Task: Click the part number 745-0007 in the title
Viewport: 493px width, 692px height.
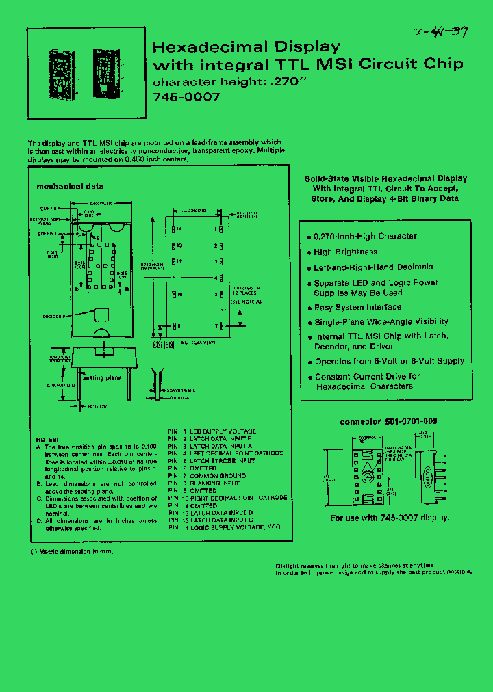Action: (x=186, y=97)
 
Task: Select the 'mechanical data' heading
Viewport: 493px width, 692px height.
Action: (x=70, y=186)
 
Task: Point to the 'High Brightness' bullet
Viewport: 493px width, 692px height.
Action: (x=345, y=252)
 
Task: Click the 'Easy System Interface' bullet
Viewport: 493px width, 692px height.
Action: (x=357, y=308)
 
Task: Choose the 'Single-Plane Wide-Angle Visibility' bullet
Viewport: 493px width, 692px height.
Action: (x=381, y=322)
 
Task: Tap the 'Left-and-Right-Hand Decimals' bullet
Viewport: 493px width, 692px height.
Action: (x=373, y=267)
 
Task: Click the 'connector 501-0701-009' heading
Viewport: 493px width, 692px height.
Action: (x=388, y=422)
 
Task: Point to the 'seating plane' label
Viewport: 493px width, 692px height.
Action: (x=103, y=377)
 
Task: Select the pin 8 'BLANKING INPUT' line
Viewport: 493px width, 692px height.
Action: (x=214, y=483)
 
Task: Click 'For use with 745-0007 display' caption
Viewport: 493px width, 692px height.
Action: (x=390, y=518)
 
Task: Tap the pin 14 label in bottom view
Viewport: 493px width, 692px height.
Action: (x=177, y=229)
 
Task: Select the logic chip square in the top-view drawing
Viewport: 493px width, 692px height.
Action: (x=102, y=315)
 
